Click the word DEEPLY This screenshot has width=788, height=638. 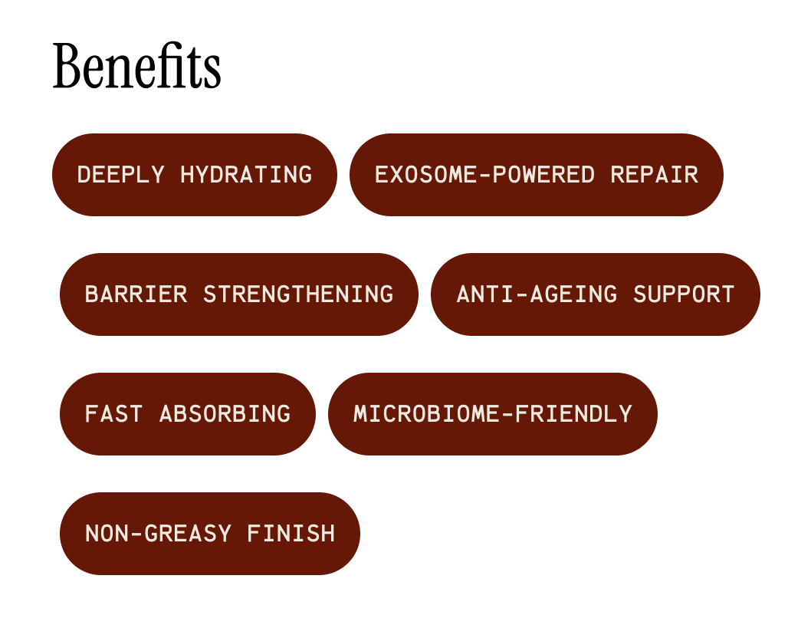point(120,175)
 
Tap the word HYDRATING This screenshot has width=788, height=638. point(246,175)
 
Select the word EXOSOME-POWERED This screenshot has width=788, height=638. point(484,175)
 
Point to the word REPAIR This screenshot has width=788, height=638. point(654,175)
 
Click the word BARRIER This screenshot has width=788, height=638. point(136,294)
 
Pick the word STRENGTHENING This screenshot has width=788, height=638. point(298,294)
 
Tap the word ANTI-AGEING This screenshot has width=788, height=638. point(537,294)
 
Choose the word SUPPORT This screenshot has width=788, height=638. point(684,294)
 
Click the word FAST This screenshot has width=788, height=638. point(113,414)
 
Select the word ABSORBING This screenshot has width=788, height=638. point(225,414)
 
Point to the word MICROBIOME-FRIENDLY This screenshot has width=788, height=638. point(493,414)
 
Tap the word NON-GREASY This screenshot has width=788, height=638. point(158,534)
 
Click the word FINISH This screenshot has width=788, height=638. point(291,534)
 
